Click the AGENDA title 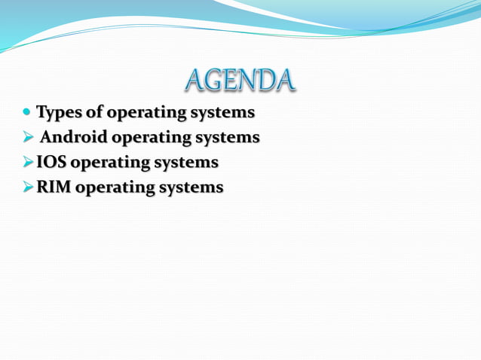(239, 80)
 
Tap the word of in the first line (95, 113)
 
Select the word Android (74, 138)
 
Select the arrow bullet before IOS (28, 162)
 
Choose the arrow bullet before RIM (28, 187)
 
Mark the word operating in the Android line (152, 139)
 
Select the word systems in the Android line (228, 139)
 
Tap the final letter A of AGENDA (283, 80)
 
